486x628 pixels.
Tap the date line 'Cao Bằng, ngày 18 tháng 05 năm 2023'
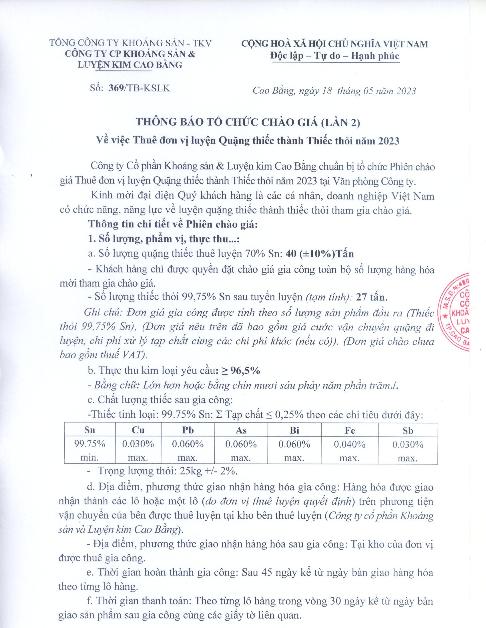pyautogui.click(x=334, y=91)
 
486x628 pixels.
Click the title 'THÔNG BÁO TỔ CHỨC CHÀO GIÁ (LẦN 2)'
pyautogui.click(x=248, y=122)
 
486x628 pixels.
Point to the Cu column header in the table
pyautogui.click(x=138, y=430)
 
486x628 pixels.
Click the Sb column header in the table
pyautogui.click(x=408, y=430)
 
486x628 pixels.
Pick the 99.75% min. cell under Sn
pyautogui.click(x=89, y=450)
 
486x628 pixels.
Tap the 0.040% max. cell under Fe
pyautogui.click(x=349, y=450)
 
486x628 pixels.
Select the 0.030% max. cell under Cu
pyautogui.click(x=138, y=450)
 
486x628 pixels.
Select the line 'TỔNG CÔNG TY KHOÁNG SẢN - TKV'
pyautogui.click(x=131, y=43)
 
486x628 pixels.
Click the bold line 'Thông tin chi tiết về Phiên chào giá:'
pyautogui.click(x=173, y=224)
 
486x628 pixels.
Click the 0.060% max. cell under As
pyautogui.click(x=241, y=450)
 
